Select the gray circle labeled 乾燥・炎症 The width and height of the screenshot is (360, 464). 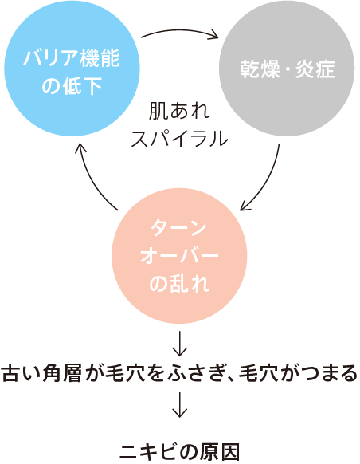tap(287, 69)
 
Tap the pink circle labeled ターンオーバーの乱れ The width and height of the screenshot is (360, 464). tap(179, 256)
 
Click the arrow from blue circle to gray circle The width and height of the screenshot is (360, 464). tap(179, 31)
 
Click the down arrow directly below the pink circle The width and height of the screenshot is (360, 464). tap(179, 344)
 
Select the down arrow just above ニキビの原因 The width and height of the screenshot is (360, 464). tap(179, 404)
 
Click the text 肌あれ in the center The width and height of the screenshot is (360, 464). tap(179, 112)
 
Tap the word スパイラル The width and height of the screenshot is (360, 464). tap(179, 138)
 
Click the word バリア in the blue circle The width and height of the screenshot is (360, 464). tap(52, 57)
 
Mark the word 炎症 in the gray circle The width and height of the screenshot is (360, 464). tap(315, 69)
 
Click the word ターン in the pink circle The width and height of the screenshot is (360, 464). tap(178, 228)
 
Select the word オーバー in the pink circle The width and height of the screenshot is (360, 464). tap(179, 256)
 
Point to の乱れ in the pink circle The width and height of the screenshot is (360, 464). tap(179, 283)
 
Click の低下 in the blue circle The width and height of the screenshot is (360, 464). tap(72, 85)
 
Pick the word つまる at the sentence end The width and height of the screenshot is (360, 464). tap(328, 373)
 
